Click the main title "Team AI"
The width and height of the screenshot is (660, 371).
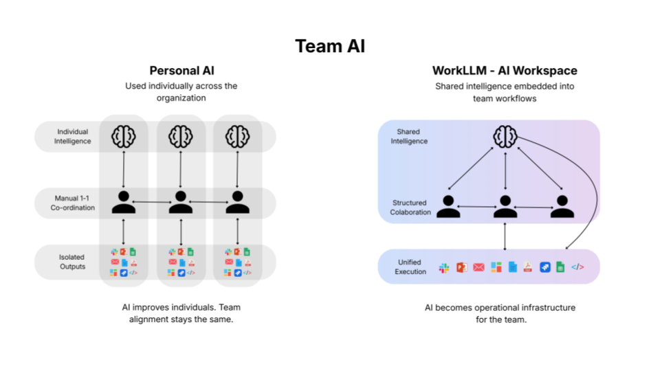330,46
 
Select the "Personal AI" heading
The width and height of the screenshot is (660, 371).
181,71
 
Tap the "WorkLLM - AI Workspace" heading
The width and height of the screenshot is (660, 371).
505,71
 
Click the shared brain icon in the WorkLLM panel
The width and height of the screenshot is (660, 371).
505,136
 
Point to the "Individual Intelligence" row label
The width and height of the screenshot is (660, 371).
73,136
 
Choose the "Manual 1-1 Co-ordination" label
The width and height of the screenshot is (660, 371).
73,203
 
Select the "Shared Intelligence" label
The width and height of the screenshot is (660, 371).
409,136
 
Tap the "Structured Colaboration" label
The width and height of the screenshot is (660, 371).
410,207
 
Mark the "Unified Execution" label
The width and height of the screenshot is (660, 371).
410,267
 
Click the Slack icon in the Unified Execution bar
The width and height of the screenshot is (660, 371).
444,267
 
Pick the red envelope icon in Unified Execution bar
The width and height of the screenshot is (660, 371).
478,267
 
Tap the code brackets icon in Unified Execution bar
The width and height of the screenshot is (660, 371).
577,267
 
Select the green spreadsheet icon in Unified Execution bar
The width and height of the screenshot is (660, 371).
560,267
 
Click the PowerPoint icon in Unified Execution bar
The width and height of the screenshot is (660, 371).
462,267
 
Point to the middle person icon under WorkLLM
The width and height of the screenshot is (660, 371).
505,206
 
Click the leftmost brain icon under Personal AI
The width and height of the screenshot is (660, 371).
124,135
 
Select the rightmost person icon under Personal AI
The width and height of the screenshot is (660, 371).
237,202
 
